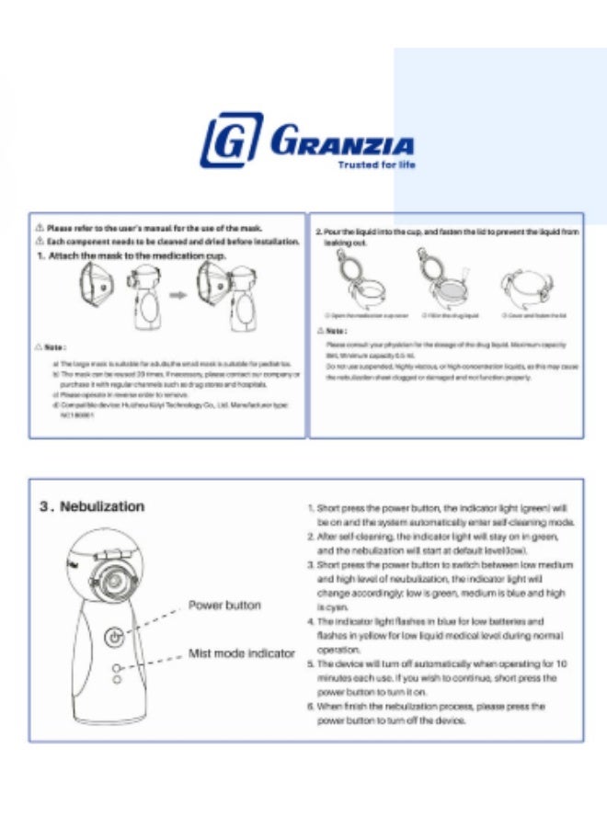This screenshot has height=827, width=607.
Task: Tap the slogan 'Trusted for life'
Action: tap(377, 165)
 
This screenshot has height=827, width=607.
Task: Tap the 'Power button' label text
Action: tap(224, 606)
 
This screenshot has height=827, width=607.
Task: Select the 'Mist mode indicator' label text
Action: tap(241, 653)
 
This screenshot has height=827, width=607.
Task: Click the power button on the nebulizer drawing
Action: tap(113, 636)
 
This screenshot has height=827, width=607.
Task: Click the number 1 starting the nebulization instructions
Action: tap(311, 508)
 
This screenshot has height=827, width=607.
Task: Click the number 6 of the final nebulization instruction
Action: tap(311, 707)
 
